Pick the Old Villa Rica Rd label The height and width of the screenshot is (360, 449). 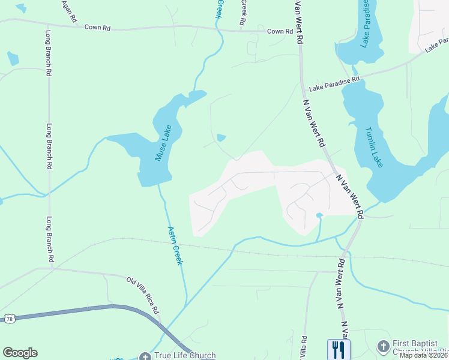[142, 295]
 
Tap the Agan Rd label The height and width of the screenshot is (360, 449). [70, 11]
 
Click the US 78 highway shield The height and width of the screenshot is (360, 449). [10, 318]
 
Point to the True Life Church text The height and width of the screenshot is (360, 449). [185, 356]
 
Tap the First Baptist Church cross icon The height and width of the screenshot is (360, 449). [383, 346]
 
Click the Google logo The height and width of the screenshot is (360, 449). [20, 353]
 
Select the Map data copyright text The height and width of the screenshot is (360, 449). [423, 355]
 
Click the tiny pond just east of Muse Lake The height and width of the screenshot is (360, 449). [221, 138]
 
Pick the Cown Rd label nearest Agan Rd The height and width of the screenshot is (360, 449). [98, 27]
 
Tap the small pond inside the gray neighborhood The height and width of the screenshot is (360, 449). [319, 215]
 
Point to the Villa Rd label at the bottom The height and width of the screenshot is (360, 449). [304, 347]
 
